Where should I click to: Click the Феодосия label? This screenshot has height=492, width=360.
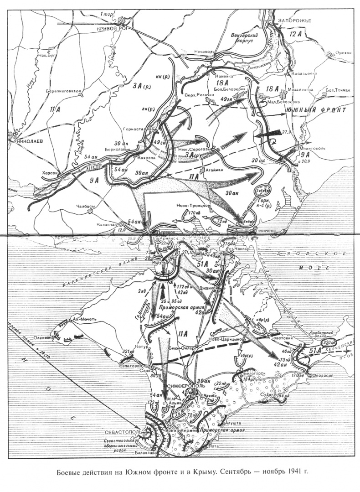pyautogui.click(x=324, y=374)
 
